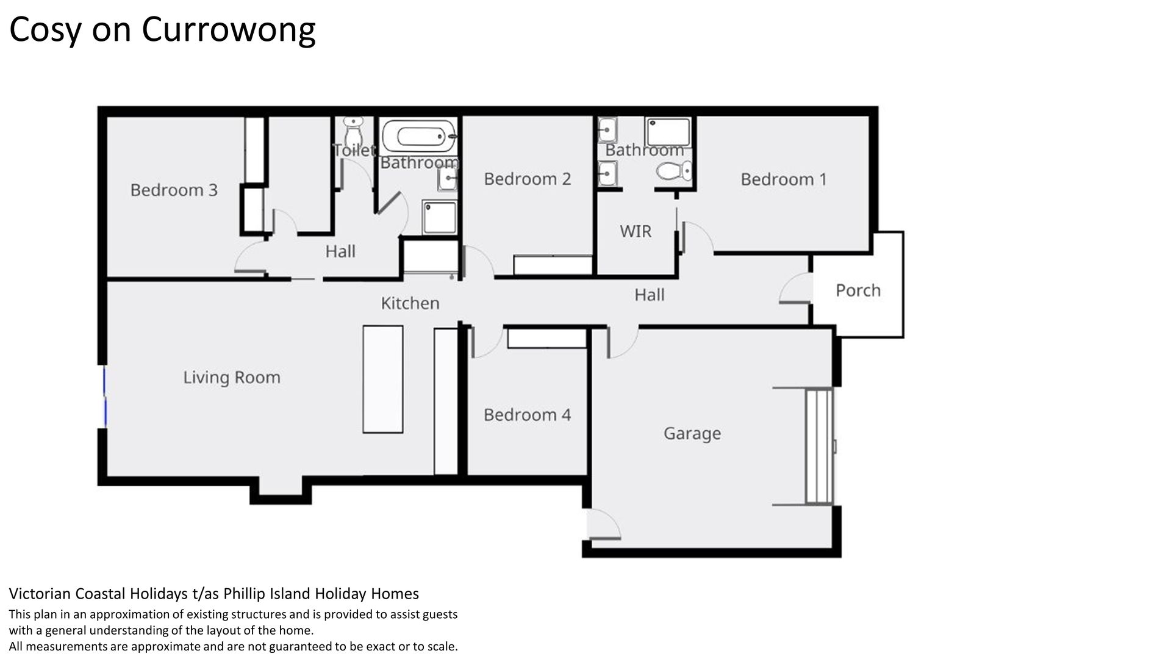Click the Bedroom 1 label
coord(784,179)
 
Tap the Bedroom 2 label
coord(528,179)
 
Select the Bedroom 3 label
coord(174,190)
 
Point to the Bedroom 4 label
coord(528,415)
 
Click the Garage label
coord(692,434)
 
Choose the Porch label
coord(858,290)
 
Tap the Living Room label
coord(232,378)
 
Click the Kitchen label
coord(410,303)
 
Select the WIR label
coord(636,231)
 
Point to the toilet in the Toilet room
coord(353,130)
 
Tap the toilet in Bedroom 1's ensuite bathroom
coord(675,171)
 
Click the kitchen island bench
coord(383,380)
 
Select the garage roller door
coord(819,446)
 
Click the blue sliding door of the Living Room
coord(105,396)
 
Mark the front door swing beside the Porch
coord(795,288)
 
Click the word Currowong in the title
coord(228,30)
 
